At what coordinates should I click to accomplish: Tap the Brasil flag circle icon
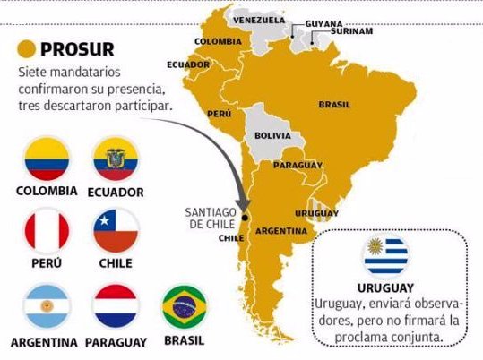(x=185, y=307)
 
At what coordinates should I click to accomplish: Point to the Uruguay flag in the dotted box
(x=385, y=257)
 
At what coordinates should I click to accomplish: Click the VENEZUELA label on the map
(x=259, y=20)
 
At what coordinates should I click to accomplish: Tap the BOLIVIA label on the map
(x=273, y=136)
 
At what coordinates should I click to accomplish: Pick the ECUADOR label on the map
(x=188, y=64)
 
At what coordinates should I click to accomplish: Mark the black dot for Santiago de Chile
(x=244, y=216)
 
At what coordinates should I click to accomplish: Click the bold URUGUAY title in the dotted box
(x=385, y=288)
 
